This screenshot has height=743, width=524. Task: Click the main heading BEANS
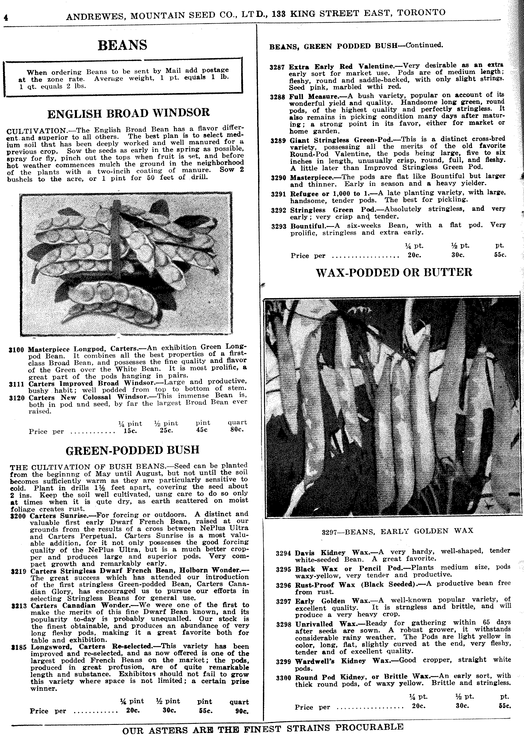pos(122,45)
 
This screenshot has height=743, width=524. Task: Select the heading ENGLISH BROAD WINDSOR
pos(129,113)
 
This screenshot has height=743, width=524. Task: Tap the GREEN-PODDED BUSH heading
pos(132,450)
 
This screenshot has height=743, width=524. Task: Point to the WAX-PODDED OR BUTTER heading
pos(394,272)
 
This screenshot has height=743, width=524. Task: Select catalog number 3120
pos(17,398)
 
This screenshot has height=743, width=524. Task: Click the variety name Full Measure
pos(309,96)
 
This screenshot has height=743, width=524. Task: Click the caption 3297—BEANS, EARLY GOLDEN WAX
pos(397,531)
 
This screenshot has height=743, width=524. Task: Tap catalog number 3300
pos(284,678)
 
